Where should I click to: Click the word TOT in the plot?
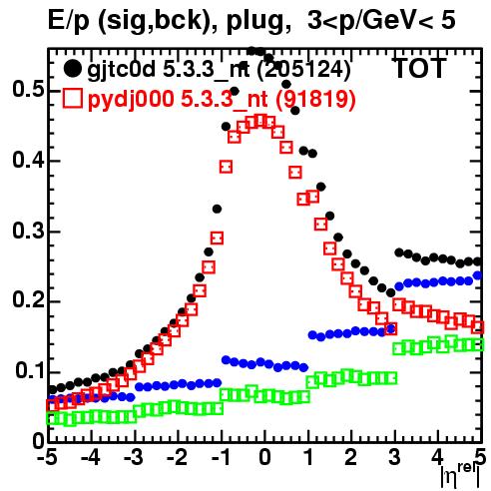coord(420,68)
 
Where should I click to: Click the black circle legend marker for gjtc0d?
coord(72,69)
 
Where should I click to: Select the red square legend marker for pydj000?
coord(72,98)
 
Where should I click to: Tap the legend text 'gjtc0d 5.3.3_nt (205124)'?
coord(219,70)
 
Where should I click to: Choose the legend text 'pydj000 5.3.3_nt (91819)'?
coord(222,99)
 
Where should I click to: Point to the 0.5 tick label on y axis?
coord(28,89)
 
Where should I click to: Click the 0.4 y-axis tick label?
coord(28,160)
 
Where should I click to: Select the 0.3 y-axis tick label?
coord(28,231)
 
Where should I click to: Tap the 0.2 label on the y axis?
coord(28,300)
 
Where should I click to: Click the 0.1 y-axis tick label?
coord(29,370)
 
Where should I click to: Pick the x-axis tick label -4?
coord(91,458)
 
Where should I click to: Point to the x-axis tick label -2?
coord(177,458)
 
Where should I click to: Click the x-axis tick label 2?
coord(351,458)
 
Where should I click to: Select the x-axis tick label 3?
coord(394,458)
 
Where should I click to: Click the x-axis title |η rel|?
coord(461,475)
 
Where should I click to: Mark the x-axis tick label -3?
coord(134,458)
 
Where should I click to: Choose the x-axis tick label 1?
coord(308,458)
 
